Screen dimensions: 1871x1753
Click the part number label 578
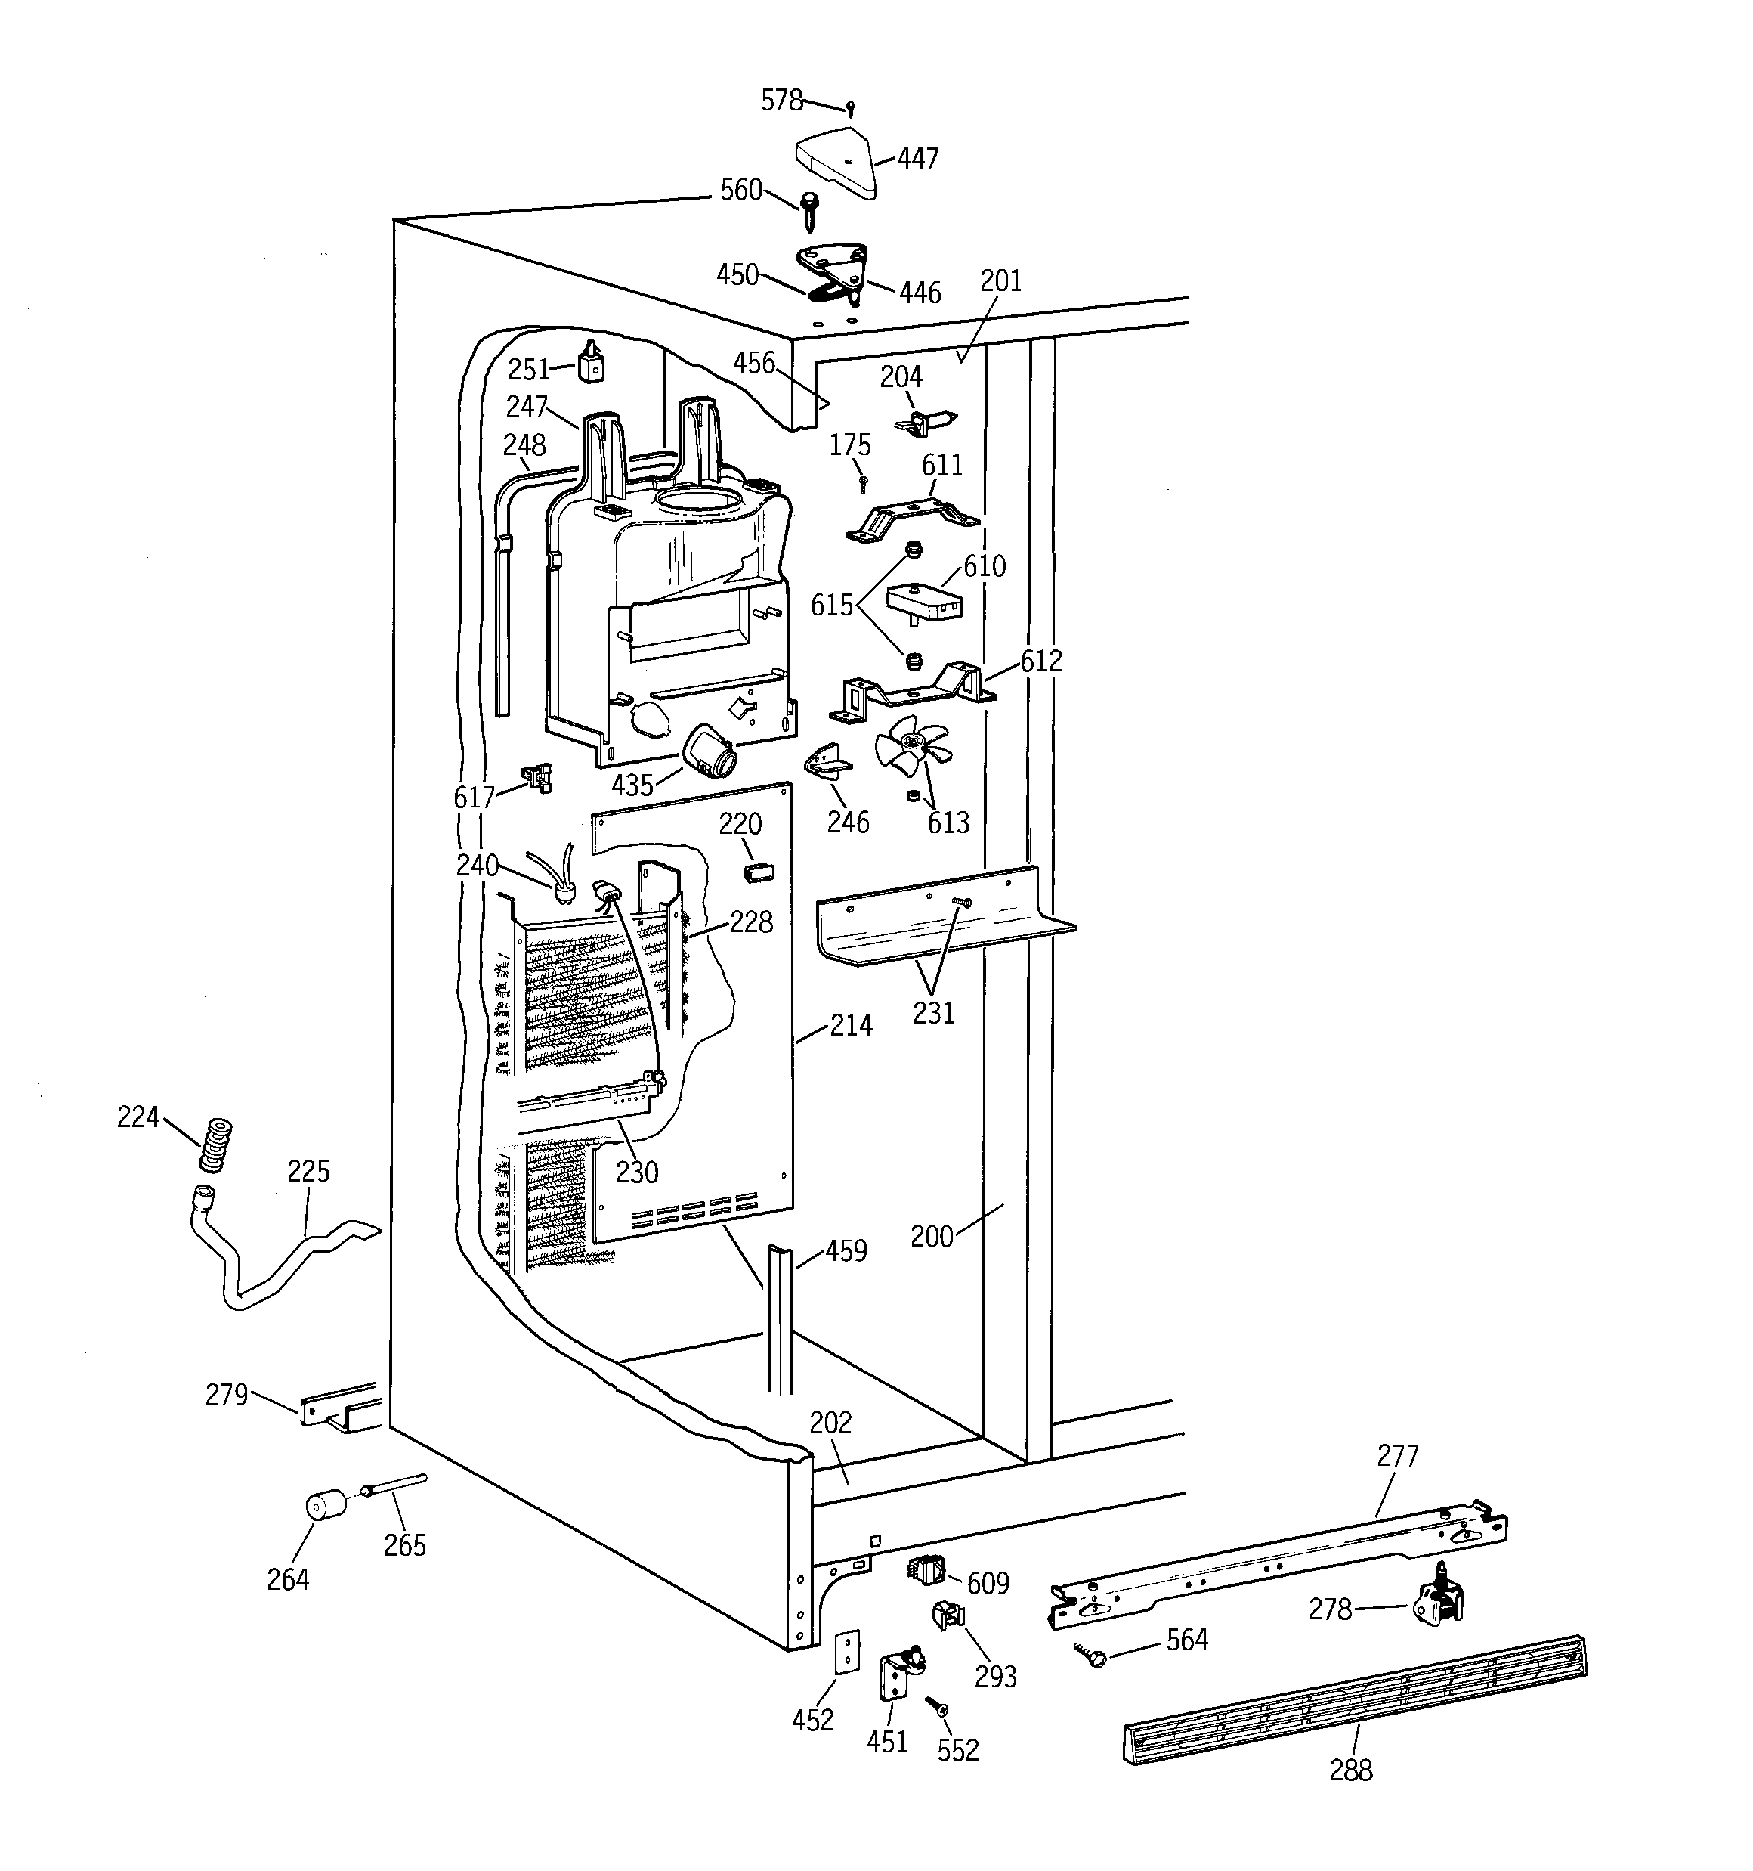(x=782, y=100)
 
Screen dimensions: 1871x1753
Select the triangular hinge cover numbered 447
(x=837, y=164)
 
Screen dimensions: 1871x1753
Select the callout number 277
(x=1397, y=1456)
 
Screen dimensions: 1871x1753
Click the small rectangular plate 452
(x=848, y=1653)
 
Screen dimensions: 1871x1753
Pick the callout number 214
(x=851, y=1025)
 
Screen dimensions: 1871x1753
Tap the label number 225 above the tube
(x=308, y=1171)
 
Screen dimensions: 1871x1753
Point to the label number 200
(x=932, y=1236)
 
